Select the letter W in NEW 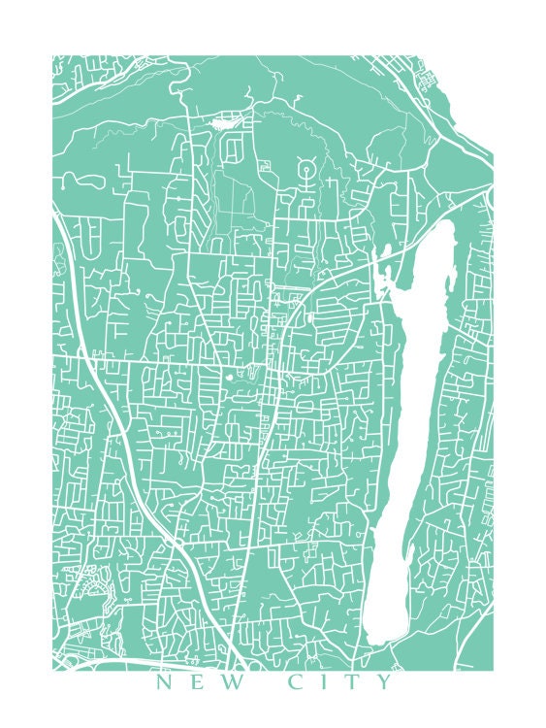click(x=230, y=683)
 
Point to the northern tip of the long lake click(x=448, y=225)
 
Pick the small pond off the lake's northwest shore click(x=385, y=254)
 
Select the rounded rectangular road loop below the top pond click(x=233, y=150)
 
